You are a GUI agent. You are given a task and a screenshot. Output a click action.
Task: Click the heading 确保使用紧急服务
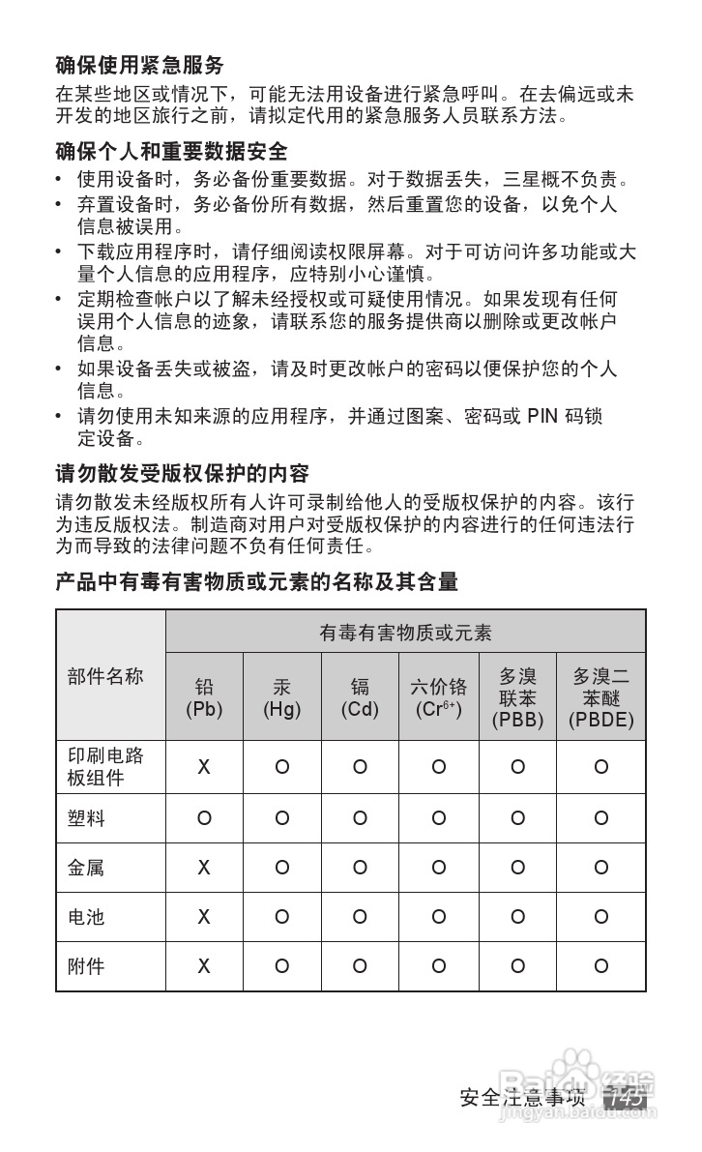point(139,66)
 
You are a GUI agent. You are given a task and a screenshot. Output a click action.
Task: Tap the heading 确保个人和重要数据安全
point(171,152)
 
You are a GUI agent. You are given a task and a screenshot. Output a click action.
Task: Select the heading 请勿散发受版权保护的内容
point(182,474)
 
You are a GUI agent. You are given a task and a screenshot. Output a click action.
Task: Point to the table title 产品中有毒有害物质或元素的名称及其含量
point(256,581)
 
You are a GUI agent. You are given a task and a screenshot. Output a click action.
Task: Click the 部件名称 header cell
point(105,676)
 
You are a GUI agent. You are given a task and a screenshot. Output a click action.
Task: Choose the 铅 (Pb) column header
point(204,697)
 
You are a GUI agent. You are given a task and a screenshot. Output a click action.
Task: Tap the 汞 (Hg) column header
point(281,697)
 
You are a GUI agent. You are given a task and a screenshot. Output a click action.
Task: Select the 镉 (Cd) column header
point(360,697)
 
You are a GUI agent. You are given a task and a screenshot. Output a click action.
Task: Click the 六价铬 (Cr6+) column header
point(438,697)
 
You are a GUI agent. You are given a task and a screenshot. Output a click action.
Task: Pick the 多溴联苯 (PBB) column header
point(517,697)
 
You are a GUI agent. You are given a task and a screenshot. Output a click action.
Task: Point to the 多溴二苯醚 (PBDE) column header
point(600,697)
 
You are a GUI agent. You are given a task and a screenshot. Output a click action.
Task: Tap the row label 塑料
point(86,818)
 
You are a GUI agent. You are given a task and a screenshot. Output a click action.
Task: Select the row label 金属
point(86,868)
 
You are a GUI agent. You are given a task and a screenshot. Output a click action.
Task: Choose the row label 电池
point(86,916)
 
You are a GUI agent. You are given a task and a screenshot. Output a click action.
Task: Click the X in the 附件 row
point(204,965)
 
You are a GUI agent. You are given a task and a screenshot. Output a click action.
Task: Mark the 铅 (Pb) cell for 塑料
point(204,818)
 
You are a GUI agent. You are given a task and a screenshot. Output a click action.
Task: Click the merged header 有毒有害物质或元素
point(405,633)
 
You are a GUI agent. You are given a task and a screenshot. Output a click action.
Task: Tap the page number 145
point(624,1099)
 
